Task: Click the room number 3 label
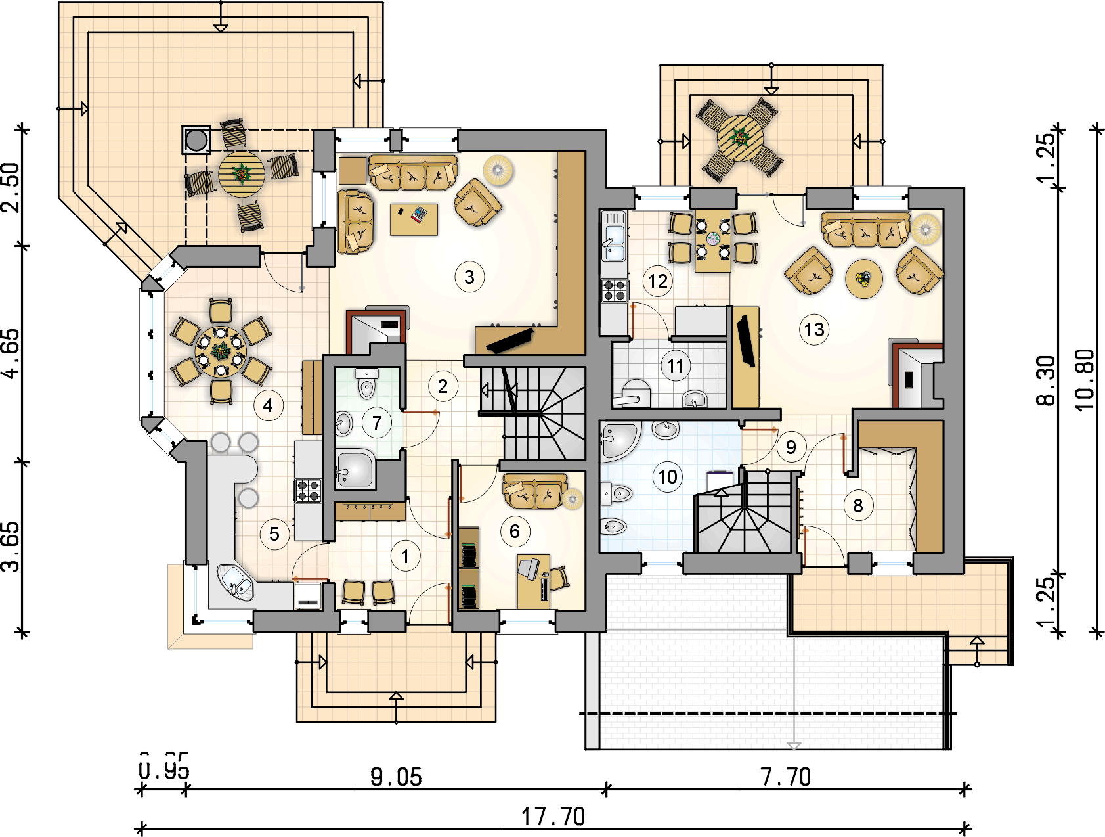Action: (x=469, y=277)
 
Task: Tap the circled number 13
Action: (x=814, y=330)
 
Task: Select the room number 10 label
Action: (x=668, y=477)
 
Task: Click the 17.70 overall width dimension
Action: (x=553, y=817)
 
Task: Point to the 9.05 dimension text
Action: (x=396, y=777)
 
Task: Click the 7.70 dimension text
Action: (x=786, y=777)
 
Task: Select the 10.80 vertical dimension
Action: (x=1085, y=380)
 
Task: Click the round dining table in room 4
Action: (x=221, y=351)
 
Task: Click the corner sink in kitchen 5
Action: (x=234, y=581)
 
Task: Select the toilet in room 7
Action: (x=366, y=385)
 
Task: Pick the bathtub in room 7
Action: (x=355, y=469)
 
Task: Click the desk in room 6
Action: (x=532, y=581)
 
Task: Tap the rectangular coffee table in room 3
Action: (x=414, y=219)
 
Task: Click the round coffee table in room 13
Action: (x=863, y=279)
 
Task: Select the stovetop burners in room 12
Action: (x=615, y=290)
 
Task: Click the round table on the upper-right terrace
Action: (x=741, y=138)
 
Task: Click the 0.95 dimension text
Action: (x=164, y=766)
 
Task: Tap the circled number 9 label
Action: (x=791, y=447)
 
